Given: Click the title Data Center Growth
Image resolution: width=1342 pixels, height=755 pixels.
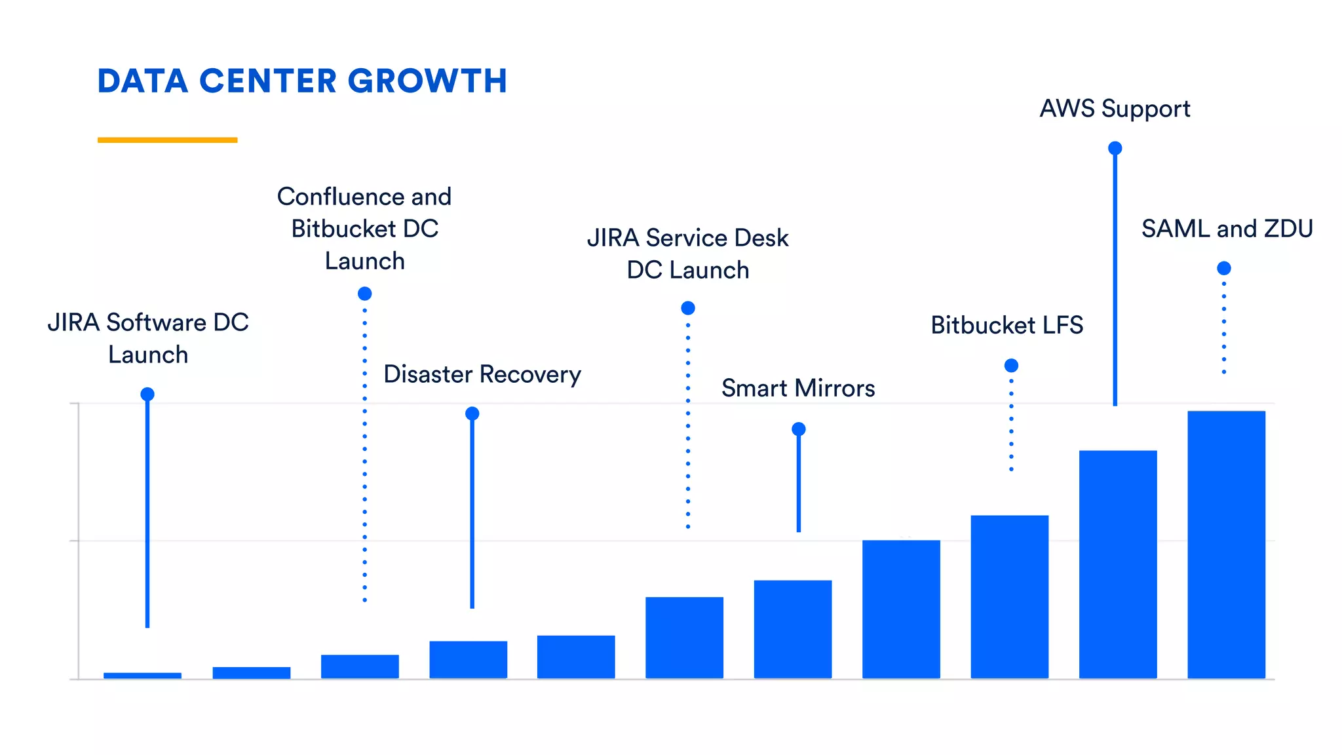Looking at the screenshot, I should coord(302,81).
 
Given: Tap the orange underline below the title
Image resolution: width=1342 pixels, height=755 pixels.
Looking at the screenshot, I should coord(167,140).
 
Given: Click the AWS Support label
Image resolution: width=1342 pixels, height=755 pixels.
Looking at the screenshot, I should coord(1115,109).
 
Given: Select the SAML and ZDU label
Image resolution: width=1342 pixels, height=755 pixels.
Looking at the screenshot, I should coord(1227,229).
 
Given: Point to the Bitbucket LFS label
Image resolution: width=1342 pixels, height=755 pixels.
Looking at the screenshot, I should coord(1006,325).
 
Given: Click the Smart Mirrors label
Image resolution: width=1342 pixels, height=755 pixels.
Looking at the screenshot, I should coord(798,388).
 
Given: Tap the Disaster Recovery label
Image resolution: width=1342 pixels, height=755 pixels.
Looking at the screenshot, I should coord(482,374).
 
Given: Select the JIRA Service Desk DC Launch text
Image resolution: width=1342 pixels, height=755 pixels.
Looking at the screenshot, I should coord(687,254).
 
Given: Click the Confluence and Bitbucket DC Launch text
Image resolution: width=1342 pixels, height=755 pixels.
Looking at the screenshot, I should coord(364,229).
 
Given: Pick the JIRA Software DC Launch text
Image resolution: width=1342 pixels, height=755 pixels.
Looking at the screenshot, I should coord(148,338).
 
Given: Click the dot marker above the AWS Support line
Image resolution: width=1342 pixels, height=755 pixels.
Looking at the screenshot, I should coord(1115,148).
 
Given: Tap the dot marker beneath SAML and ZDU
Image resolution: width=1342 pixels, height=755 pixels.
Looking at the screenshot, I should coord(1223,268).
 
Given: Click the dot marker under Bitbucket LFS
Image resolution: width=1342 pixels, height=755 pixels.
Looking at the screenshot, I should coord(1011,365).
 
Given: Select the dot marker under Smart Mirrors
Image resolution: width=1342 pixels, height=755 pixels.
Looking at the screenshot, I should coord(798,429).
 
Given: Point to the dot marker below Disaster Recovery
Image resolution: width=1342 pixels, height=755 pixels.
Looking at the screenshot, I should coord(472,414).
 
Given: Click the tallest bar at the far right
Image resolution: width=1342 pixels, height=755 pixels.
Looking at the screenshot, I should coord(1226,544).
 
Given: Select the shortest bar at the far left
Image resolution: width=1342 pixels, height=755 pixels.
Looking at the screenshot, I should coord(142,676).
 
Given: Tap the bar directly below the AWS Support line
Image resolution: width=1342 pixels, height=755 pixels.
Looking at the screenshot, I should coord(1118,564).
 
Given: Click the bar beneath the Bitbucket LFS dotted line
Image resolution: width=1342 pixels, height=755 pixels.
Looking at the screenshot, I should coord(1009,596).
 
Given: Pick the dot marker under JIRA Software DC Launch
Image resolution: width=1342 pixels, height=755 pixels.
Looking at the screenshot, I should coord(147,394).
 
